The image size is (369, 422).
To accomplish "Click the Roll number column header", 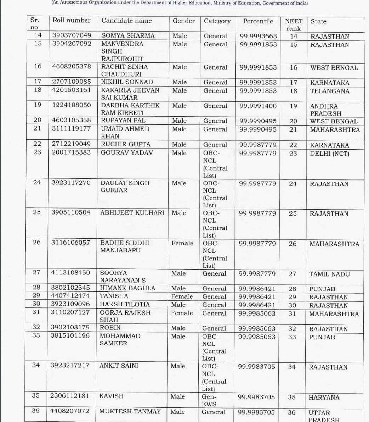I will [71, 21].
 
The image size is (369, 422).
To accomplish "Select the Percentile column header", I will [258, 21].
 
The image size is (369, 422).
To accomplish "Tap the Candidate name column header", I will [126, 21].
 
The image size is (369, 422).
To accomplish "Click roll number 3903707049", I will [72, 35].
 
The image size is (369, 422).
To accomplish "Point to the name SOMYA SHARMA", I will [128, 36].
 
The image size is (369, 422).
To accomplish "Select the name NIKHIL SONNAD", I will [127, 82].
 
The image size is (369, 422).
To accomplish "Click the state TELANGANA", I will [330, 91].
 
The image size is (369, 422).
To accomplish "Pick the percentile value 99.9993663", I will [258, 36].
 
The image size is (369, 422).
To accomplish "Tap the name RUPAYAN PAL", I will [123, 121].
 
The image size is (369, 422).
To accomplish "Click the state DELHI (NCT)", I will [329, 154].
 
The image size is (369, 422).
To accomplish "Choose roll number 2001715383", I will [71, 152].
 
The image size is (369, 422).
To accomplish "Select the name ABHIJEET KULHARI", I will [132, 213].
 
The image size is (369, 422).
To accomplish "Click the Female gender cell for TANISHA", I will [182, 296].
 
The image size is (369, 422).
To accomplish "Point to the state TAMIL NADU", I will [329, 274].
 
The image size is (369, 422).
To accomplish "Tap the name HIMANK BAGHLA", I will [127, 288].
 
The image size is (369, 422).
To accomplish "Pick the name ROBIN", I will [110, 328].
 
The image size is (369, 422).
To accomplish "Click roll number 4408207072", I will [70, 411].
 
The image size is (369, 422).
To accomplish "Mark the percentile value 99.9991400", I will [258, 106].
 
